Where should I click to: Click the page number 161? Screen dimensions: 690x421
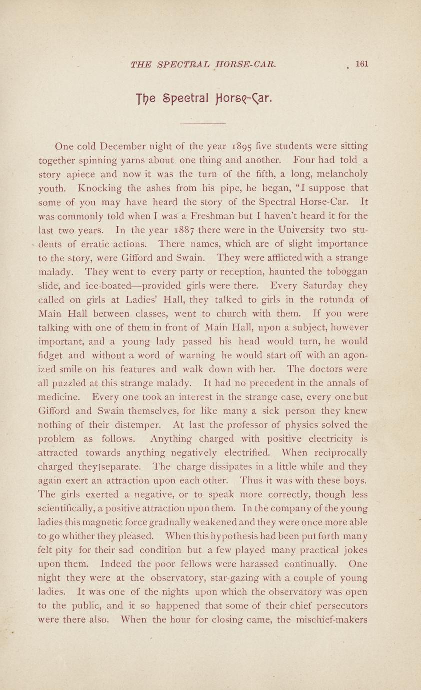362,64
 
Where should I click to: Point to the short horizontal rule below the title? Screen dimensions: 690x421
202,123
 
